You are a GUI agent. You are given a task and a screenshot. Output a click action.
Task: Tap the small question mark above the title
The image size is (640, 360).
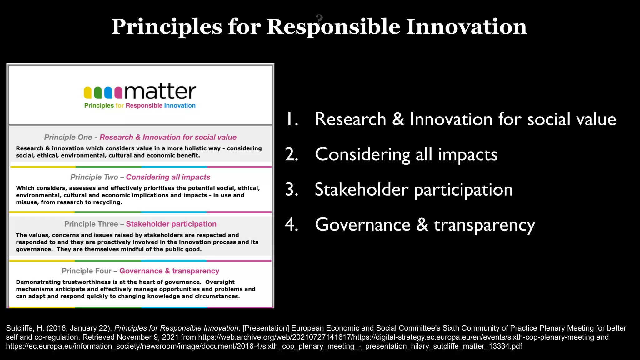[319, 19]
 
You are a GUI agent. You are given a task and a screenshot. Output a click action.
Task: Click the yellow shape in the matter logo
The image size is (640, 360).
[88, 92]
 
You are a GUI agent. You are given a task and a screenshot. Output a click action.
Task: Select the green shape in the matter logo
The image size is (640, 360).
[98, 92]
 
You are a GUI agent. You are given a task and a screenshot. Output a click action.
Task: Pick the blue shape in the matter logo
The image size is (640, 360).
[108, 92]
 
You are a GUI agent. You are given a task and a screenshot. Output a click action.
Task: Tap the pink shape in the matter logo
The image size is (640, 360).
[118, 92]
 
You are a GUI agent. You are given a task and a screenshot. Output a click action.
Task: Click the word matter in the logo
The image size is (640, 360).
[160, 92]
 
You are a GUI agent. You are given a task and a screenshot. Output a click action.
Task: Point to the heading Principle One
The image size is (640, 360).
[68, 137]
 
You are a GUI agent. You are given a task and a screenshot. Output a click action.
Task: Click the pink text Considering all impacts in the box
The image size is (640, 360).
[168, 177]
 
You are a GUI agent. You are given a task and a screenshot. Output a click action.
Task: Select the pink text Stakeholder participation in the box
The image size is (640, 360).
[171, 224]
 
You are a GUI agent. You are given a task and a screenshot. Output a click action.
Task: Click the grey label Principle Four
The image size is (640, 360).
[87, 271]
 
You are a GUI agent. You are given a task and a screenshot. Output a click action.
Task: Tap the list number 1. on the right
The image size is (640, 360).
[292, 119]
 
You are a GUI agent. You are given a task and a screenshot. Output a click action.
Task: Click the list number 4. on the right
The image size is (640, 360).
[292, 225]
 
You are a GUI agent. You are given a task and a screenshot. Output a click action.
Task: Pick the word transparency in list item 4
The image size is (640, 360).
[484, 225]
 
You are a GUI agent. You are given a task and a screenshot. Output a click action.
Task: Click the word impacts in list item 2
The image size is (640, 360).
[468, 155]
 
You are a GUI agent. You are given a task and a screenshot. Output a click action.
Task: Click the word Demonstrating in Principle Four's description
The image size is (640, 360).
[38, 282]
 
